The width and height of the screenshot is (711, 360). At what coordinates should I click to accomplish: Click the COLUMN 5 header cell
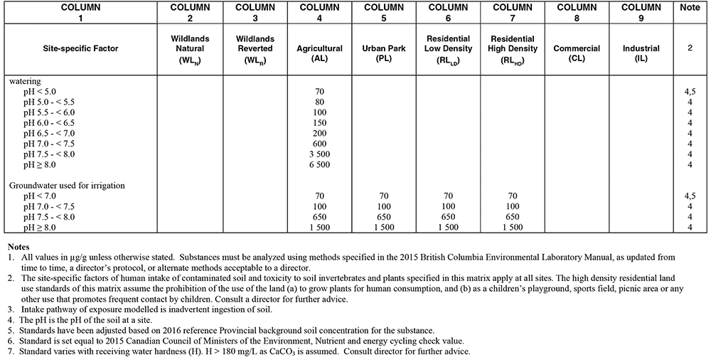point(384,13)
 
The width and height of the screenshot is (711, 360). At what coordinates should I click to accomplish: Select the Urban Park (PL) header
point(384,54)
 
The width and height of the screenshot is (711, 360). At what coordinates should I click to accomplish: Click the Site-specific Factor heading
point(80,49)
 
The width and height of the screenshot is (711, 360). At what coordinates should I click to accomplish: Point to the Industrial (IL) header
point(641,54)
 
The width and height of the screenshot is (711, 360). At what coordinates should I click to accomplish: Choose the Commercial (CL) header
point(577,54)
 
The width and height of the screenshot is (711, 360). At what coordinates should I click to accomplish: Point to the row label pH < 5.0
point(44,91)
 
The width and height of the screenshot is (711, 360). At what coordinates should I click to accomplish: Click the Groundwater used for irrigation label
point(67,185)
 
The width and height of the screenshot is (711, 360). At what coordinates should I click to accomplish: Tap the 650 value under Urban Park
point(384,216)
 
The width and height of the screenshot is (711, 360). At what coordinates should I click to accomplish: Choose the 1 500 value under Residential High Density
point(513,227)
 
